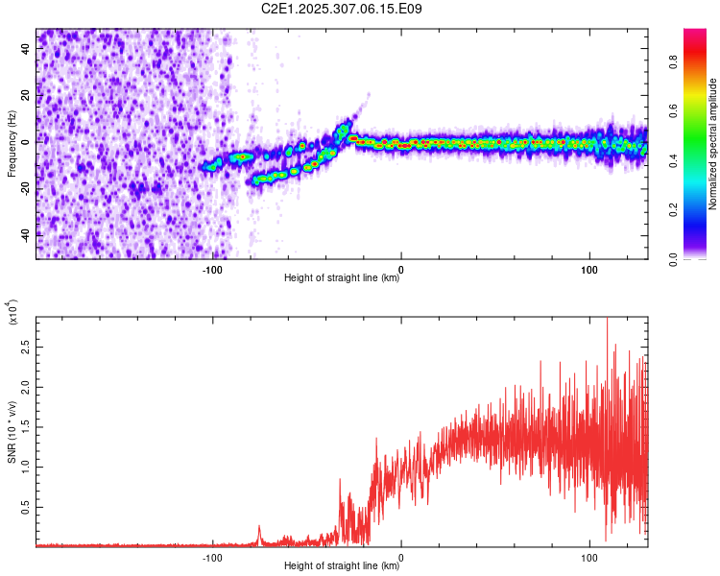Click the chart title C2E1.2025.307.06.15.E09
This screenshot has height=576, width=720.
pyautogui.click(x=342, y=9)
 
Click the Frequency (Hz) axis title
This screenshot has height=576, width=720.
pyautogui.click(x=11, y=144)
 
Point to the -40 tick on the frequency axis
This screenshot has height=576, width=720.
pyautogui.click(x=26, y=233)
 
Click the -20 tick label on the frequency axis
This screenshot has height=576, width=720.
pyautogui.click(x=26, y=187)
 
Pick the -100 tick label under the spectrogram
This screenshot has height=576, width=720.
pyautogui.click(x=212, y=270)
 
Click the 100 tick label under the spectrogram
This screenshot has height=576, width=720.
pyautogui.click(x=588, y=270)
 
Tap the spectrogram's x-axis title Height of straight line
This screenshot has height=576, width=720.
pyautogui.click(x=342, y=279)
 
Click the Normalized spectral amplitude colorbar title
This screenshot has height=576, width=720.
pyautogui.click(x=713, y=144)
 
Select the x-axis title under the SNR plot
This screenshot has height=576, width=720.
pyautogui.click(x=342, y=566)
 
